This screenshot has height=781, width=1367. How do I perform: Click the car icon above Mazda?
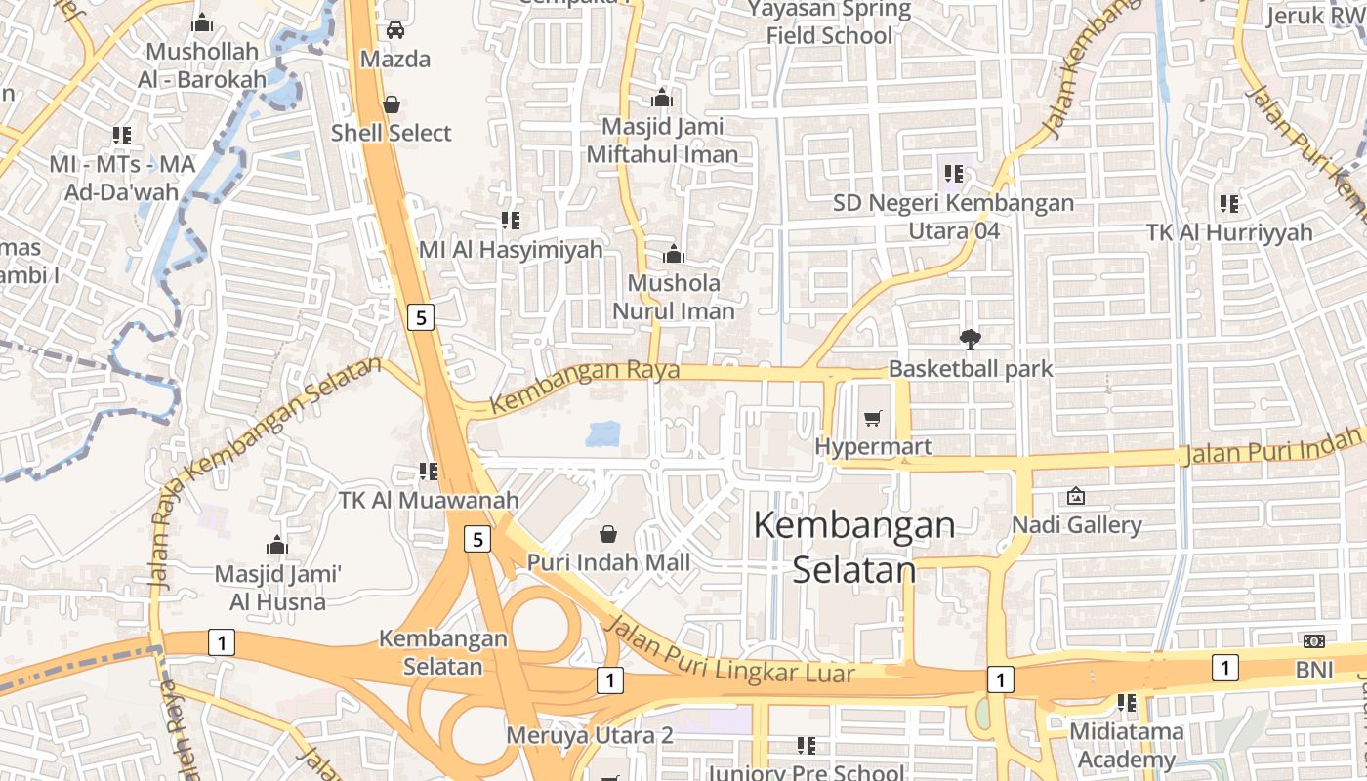coord(395,30)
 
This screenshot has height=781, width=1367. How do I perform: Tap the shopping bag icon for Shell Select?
coord(392,103)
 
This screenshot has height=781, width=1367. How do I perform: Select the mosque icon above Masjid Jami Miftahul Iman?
coord(662,98)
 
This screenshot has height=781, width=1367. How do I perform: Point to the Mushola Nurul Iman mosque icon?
coord(673,255)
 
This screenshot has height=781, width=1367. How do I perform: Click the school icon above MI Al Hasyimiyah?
coord(510,221)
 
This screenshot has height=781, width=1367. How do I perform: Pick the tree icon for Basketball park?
coord(970,340)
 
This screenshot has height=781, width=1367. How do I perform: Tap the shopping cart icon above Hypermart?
coord(873,418)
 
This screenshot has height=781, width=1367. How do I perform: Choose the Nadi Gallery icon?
coord(1076,496)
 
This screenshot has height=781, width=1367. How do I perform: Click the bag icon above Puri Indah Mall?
coord(608,533)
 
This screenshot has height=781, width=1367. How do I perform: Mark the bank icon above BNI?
coord(1313,640)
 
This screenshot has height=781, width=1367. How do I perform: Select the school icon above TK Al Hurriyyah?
coord(1228,204)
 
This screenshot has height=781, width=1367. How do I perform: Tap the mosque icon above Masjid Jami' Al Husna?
coord(277,544)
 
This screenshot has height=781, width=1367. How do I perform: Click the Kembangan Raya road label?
coord(571,387)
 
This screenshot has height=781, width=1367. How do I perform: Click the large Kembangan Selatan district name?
coord(854,547)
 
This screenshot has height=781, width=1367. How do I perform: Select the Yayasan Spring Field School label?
coord(829,23)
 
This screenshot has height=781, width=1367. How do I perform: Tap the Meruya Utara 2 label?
coord(590,735)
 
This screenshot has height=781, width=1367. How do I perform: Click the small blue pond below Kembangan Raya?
coord(603,433)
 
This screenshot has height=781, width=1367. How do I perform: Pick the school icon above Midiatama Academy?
coord(1126,702)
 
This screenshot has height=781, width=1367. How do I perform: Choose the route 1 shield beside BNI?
coord(1224,668)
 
